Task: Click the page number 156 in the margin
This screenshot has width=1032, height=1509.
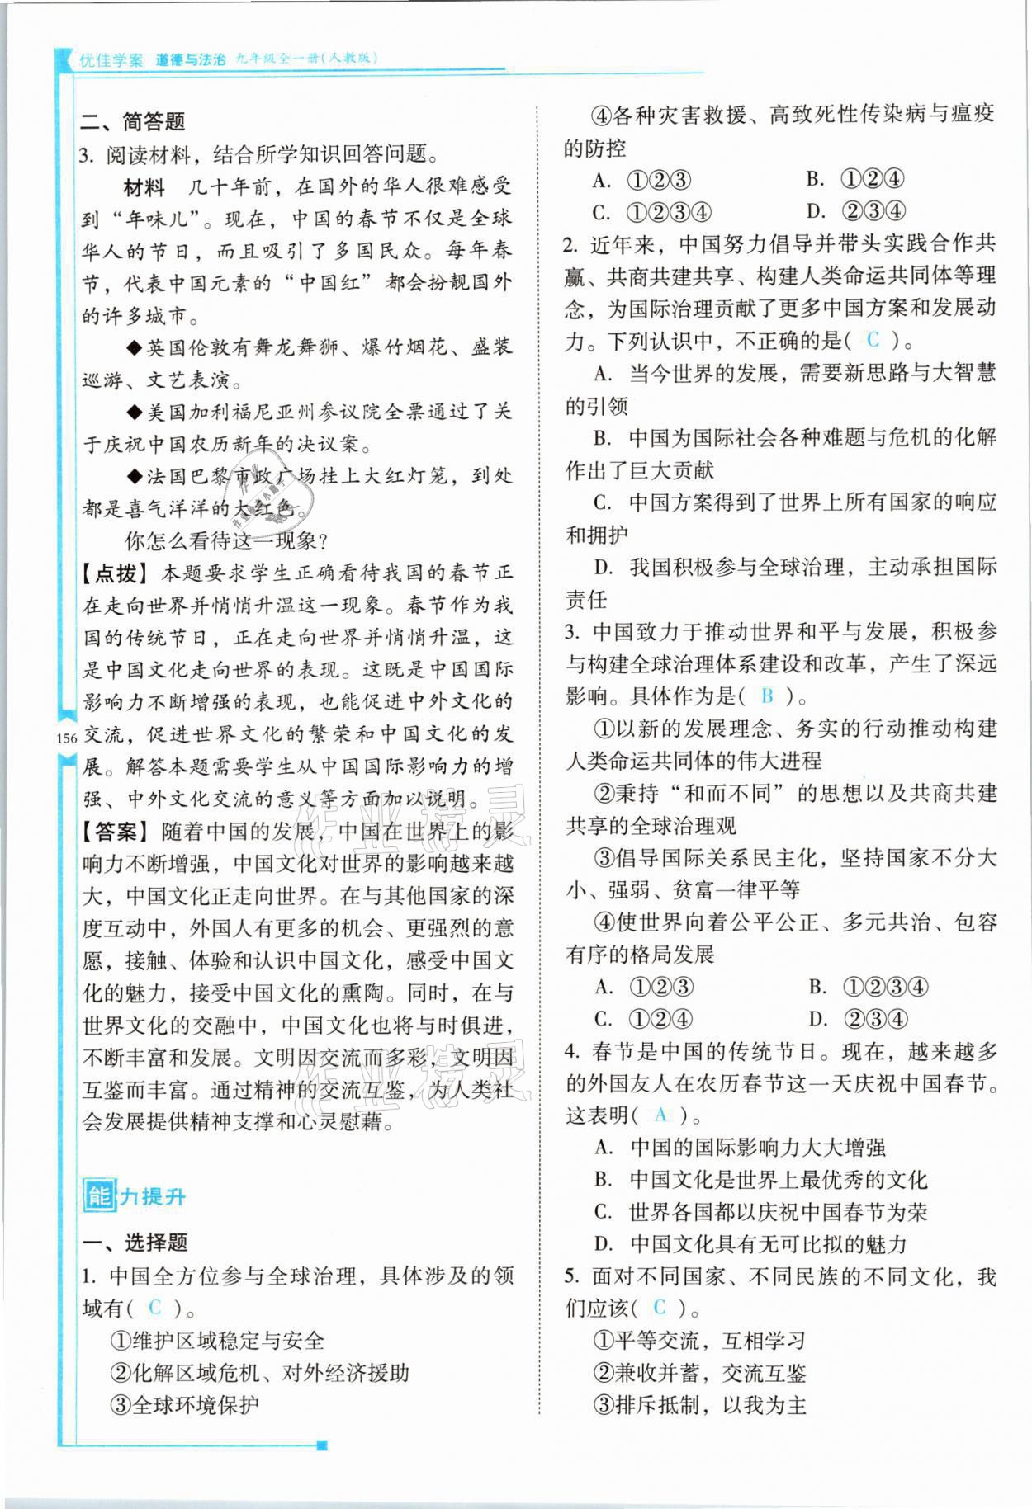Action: [66, 738]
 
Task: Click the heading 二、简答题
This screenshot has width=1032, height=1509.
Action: [132, 122]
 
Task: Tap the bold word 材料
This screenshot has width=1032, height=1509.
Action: [144, 187]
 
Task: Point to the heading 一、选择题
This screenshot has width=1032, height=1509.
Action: [135, 1243]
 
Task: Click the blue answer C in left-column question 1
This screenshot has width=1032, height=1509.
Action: [154, 1308]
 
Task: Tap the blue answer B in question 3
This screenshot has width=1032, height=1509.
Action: [767, 696]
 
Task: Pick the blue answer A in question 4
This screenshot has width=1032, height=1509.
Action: [660, 1115]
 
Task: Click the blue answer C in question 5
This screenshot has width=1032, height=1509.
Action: [659, 1308]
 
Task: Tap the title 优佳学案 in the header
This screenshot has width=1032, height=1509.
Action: [111, 60]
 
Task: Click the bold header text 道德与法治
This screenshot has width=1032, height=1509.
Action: [190, 60]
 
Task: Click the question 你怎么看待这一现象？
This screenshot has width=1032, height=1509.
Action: [227, 541]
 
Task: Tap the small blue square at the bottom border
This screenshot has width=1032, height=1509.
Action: [323, 1445]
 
